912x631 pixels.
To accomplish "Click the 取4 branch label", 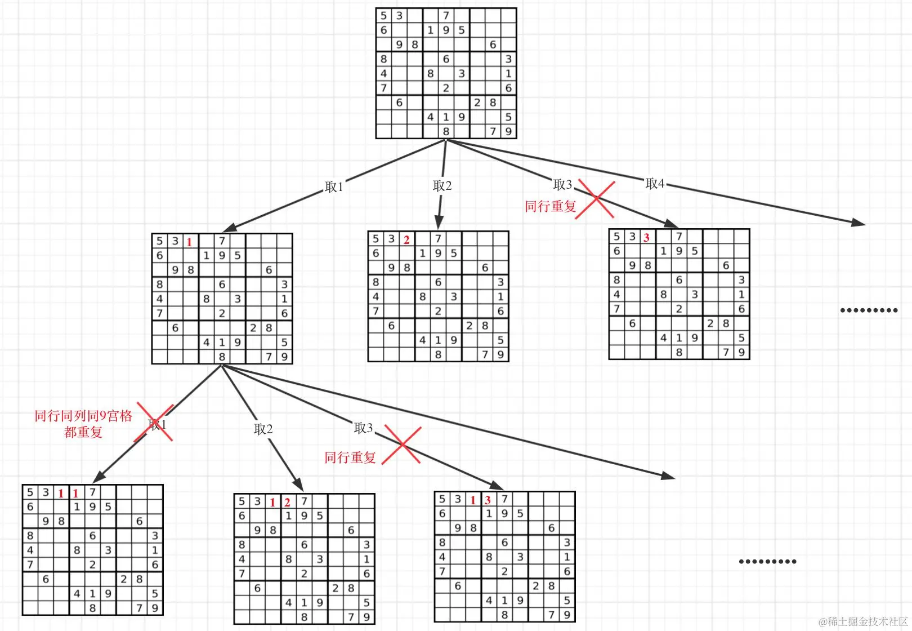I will coord(655,183).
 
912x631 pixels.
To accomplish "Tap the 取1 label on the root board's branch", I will coord(334,186).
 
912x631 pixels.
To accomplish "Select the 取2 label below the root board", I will coord(442,185).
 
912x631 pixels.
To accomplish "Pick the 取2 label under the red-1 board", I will coord(263,429).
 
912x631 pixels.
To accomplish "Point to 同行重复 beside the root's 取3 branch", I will coord(551,206).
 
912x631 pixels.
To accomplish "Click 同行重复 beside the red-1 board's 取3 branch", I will coord(350,457).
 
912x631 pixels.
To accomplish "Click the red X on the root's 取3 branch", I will coord(596,198).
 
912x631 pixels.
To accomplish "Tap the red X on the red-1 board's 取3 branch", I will coord(401,445).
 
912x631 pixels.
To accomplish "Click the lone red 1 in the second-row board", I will coord(190,242).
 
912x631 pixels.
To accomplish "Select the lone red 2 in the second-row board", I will coord(406,239).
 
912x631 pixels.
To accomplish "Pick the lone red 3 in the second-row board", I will coord(647,237).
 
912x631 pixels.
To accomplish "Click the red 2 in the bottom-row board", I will coord(287,502).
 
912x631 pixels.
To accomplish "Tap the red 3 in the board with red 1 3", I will coord(488,500).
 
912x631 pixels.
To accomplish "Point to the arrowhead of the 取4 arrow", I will coord(859,223).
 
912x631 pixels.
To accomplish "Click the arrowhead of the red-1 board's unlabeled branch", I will coord(668,476).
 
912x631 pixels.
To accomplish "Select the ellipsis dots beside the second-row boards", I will coord(869,310).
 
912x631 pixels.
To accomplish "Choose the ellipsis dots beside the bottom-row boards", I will coord(767,561).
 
